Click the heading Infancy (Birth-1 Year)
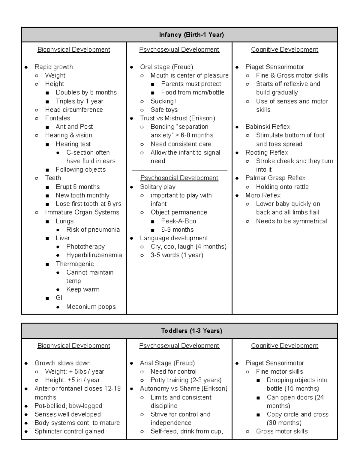[191, 35]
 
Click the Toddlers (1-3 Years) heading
[191, 331]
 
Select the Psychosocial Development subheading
[179, 178]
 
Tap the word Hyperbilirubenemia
[94, 255]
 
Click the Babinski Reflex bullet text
[268, 127]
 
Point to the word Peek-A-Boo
[178, 221]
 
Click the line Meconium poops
[91, 307]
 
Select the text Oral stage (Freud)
[166, 67]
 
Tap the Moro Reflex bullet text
[263, 195]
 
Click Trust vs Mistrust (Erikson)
[177, 118]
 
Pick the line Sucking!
[163, 101]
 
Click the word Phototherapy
[85, 247]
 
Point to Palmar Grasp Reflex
[275, 178]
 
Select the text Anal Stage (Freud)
[167, 363]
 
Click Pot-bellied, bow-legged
[68, 406]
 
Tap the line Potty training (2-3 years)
[186, 380]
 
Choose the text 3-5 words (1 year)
[177, 255]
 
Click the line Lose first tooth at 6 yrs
[88, 204]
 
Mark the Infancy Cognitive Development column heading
[284, 50]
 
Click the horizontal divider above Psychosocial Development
[179, 171]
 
